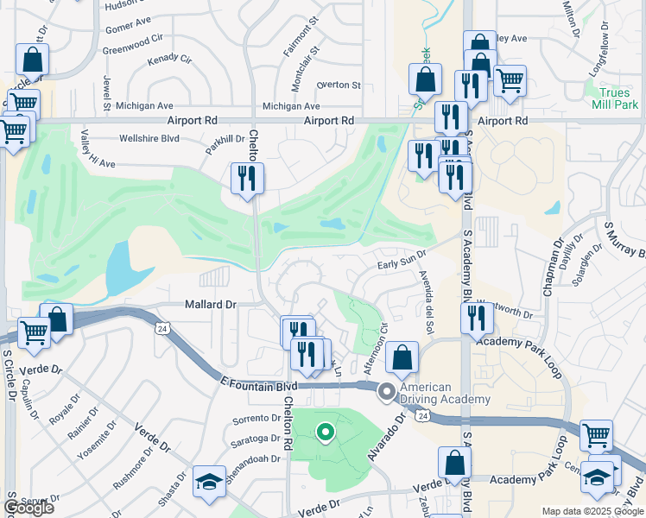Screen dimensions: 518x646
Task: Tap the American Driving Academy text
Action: coord(444,393)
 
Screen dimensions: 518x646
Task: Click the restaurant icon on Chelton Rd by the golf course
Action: coord(248,178)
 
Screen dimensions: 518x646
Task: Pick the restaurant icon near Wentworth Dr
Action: coord(477,318)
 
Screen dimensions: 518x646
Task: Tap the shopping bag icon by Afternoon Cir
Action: coord(402,356)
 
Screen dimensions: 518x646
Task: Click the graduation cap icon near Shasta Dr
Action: coord(209,482)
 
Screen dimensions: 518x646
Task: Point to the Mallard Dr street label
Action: coord(210,304)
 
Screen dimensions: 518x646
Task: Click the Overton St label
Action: coord(338,85)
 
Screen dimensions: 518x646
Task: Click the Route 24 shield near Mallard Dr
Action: coord(162,329)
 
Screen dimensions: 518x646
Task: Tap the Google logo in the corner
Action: coord(28,508)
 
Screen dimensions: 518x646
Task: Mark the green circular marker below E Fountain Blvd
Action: coord(325,432)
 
